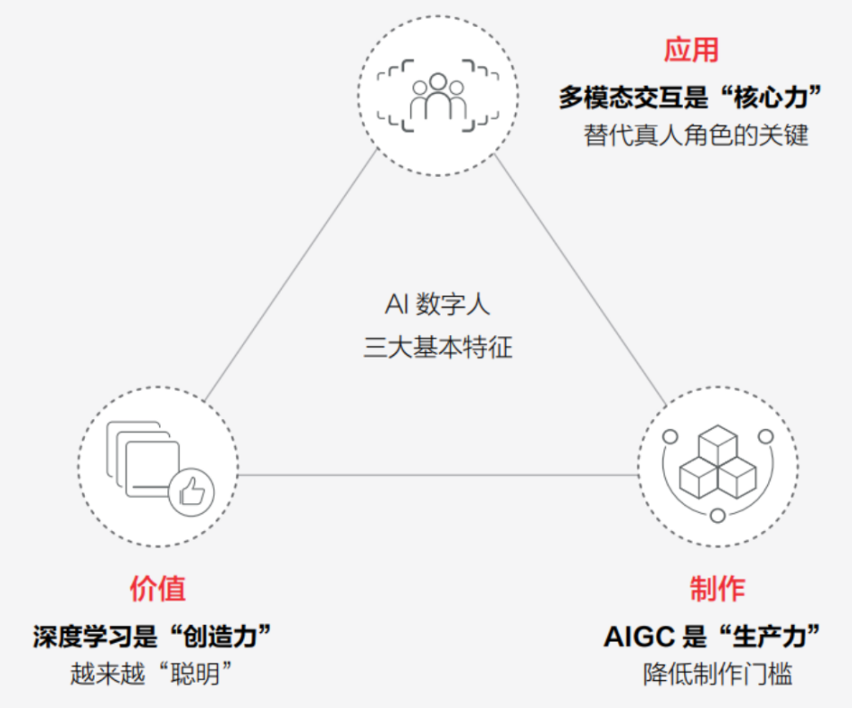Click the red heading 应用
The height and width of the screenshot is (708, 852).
[691, 50]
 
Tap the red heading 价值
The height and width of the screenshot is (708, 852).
[157, 588]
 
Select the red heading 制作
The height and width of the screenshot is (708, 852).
[717, 588]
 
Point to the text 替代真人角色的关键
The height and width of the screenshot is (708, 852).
[696, 136]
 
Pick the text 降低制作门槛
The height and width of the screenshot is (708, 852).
[717, 673]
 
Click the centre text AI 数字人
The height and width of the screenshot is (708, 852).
[438, 305]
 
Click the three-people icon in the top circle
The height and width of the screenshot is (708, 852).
[437, 97]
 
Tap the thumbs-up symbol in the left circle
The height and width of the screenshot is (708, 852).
[191, 491]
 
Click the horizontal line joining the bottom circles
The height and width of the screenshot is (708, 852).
[437, 475]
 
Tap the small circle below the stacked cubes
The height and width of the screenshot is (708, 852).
[718, 515]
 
